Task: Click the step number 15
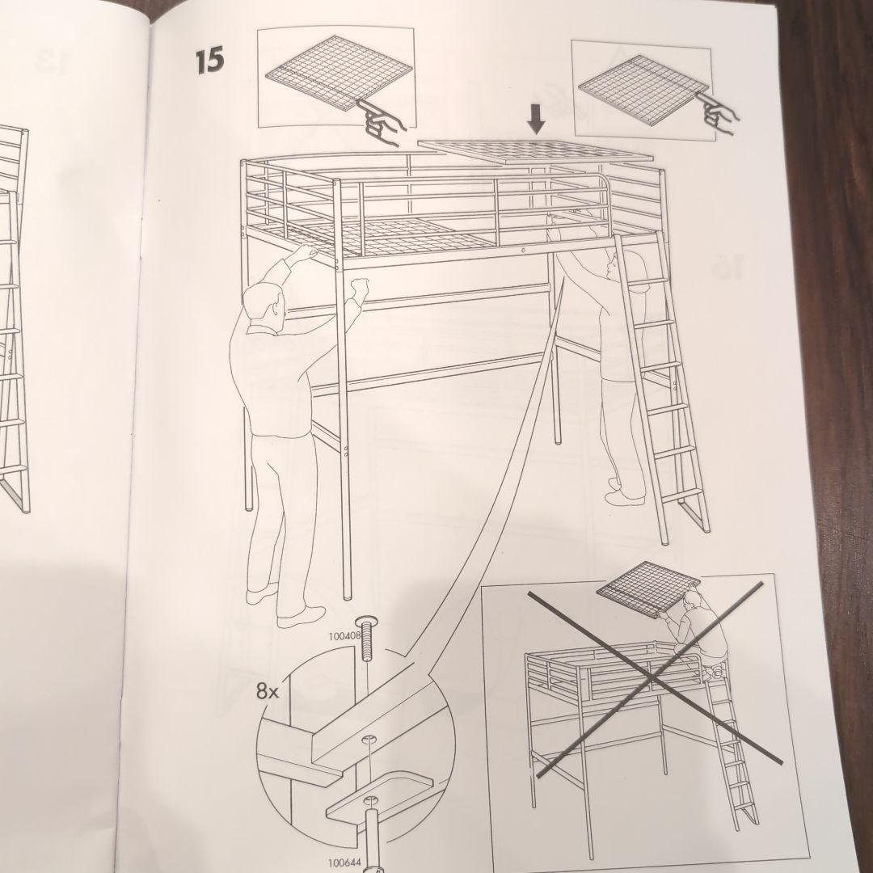point(210,61)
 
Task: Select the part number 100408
point(345,635)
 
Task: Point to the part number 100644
point(345,863)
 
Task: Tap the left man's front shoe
point(301,617)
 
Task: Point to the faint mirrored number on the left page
point(53,62)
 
